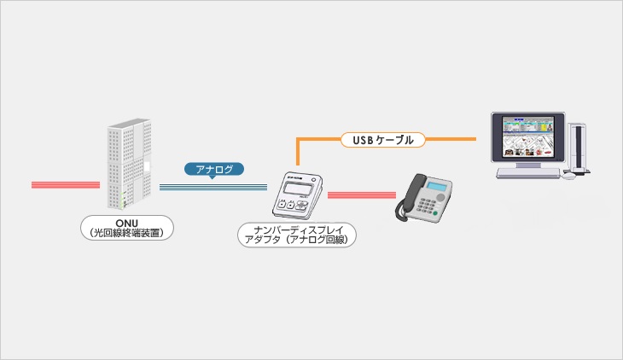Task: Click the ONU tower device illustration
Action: point(130,163)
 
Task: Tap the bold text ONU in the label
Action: point(127,224)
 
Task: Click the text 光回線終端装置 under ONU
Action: point(127,233)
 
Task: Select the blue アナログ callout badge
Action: point(214,170)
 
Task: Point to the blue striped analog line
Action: point(213,187)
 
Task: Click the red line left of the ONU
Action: point(66,185)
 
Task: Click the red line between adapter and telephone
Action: point(362,195)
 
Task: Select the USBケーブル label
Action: point(383,140)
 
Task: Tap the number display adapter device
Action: point(298,195)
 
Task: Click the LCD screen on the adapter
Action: point(298,189)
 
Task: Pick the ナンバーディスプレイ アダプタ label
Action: point(297,235)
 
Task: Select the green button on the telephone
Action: point(435,213)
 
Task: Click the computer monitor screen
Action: point(528,136)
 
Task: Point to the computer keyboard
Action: point(528,172)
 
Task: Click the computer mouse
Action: point(568,175)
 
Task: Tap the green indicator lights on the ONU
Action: point(124,200)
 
